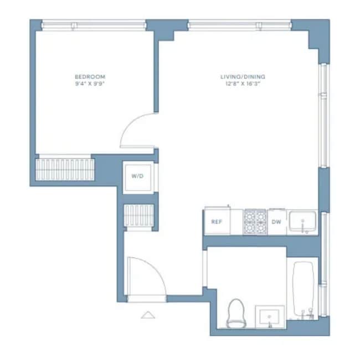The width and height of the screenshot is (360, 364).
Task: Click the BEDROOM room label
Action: point(90,76)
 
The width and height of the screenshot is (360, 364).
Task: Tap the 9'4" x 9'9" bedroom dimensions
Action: point(90,84)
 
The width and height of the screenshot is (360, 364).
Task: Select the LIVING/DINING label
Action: point(243,76)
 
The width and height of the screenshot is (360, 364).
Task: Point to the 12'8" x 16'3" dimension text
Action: point(243,84)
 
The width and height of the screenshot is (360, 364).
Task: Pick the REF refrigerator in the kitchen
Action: point(217,221)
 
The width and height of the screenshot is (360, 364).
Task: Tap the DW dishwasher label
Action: point(276,222)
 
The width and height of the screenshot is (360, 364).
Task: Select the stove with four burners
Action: point(255,222)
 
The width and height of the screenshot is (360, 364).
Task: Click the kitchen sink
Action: point(302,222)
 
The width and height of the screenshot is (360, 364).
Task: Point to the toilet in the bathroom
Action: point(236,314)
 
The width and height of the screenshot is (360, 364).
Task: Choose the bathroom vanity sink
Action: point(270,316)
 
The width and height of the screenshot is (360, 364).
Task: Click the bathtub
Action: point(303,289)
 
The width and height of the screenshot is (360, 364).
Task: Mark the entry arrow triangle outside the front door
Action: point(148,315)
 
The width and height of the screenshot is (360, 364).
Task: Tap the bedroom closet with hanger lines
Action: point(65,169)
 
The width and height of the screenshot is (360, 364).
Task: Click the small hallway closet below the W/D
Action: point(139,215)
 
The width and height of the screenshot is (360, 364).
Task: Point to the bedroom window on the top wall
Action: point(94,25)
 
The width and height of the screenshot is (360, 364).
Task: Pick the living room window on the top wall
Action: point(240,25)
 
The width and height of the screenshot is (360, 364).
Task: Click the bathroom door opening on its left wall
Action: point(205,268)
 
